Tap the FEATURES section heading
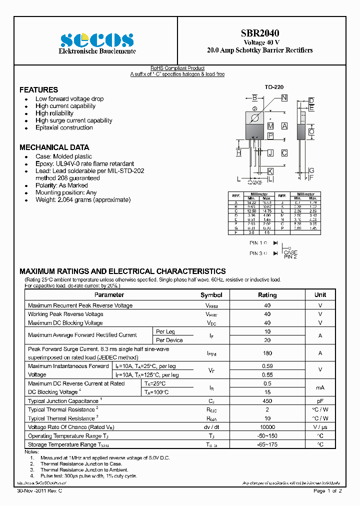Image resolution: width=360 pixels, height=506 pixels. pos(38,90)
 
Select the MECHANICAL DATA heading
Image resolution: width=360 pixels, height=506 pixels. pos(54,147)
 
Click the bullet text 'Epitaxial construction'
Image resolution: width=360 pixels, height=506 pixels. pos(64,127)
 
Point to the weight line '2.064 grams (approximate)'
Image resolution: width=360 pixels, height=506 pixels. pos(83,199)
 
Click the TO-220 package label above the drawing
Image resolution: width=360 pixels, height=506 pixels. pos(274,87)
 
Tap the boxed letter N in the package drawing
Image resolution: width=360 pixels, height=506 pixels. pos(284,98)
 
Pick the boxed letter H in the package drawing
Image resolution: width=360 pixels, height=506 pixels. pos(238,153)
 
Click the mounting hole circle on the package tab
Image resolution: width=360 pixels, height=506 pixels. pos(254,118)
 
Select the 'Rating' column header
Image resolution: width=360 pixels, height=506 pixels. pos(267,295)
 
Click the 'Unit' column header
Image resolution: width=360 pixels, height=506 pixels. pos(320,295)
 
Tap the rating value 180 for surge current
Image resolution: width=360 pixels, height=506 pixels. pos(267,353)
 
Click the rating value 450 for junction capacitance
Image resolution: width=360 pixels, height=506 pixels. pos(267,401)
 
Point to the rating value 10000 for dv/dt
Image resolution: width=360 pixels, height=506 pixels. pos(267,427)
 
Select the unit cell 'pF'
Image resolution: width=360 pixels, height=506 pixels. pos(320,401)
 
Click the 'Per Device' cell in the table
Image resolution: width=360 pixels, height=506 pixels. pos(169,340)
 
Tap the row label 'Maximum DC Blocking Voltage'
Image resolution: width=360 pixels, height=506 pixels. pos(65,323)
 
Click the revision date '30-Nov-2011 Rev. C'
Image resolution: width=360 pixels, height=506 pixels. pos(39,491)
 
